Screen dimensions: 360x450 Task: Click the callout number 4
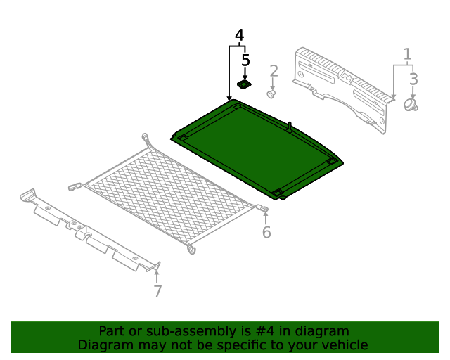pos(239,35)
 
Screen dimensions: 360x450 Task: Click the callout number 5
pos(245,61)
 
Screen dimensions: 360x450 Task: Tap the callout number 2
pos(274,70)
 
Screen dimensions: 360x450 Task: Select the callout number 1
pos(406,54)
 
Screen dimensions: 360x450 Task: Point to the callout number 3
pos(413,79)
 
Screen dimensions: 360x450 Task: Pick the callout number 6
pos(266,233)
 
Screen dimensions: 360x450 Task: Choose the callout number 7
pos(157,291)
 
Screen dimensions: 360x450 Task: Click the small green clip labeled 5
pos(245,85)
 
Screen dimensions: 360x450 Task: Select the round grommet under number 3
pos(411,104)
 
